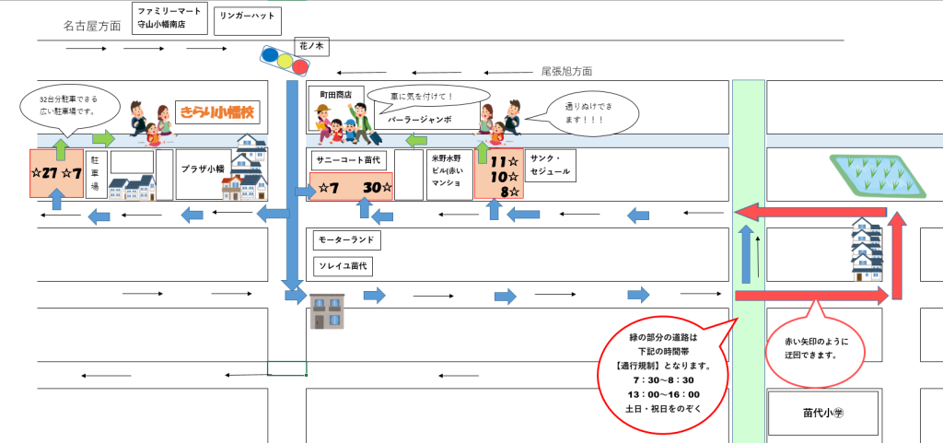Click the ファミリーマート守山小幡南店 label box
click(170, 18)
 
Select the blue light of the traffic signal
click(270, 57)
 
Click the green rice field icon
click(877, 174)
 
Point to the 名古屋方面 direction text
click(92, 25)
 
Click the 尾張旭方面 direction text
click(565, 71)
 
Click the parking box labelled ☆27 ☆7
click(56, 172)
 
